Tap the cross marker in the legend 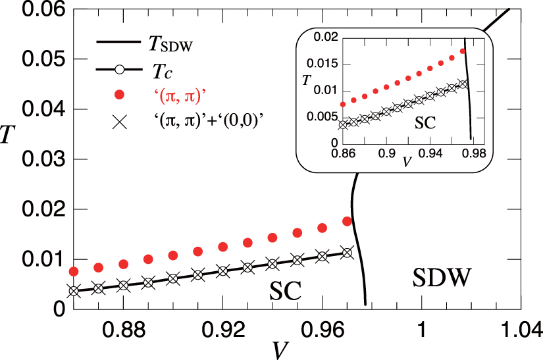pyautogui.click(x=118, y=123)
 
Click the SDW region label pyautogui.click(x=443, y=280)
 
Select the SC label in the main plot pyautogui.click(x=286, y=289)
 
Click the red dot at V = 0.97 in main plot pyautogui.click(x=348, y=222)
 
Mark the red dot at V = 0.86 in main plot pyautogui.click(x=74, y=271)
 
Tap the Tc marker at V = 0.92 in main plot pyautogui.click(x=223, y=270)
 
